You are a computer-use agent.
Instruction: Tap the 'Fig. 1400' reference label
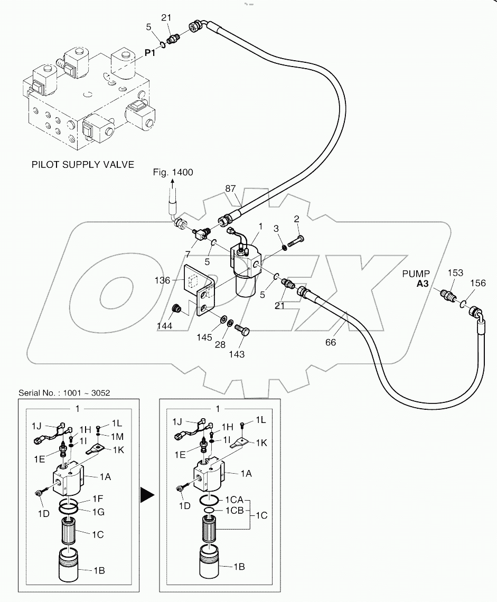(173, 173)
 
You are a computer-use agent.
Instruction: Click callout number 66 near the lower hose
(331, 342)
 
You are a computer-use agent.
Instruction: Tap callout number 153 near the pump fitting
(455, 273)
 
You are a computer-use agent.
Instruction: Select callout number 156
(478, 283)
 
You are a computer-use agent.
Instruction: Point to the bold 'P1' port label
(151, 53)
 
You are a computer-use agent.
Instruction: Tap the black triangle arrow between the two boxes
(147, 495)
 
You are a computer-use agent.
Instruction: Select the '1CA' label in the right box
(233, 499)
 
